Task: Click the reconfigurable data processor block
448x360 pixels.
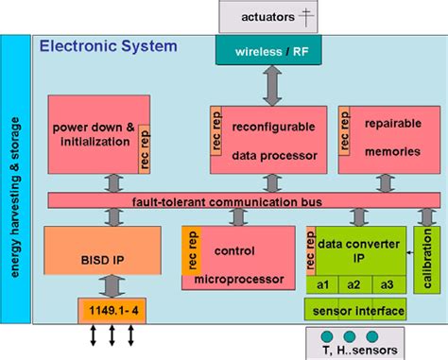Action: tap(268, 135)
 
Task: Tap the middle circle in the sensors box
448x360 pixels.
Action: tap(348, 336)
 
